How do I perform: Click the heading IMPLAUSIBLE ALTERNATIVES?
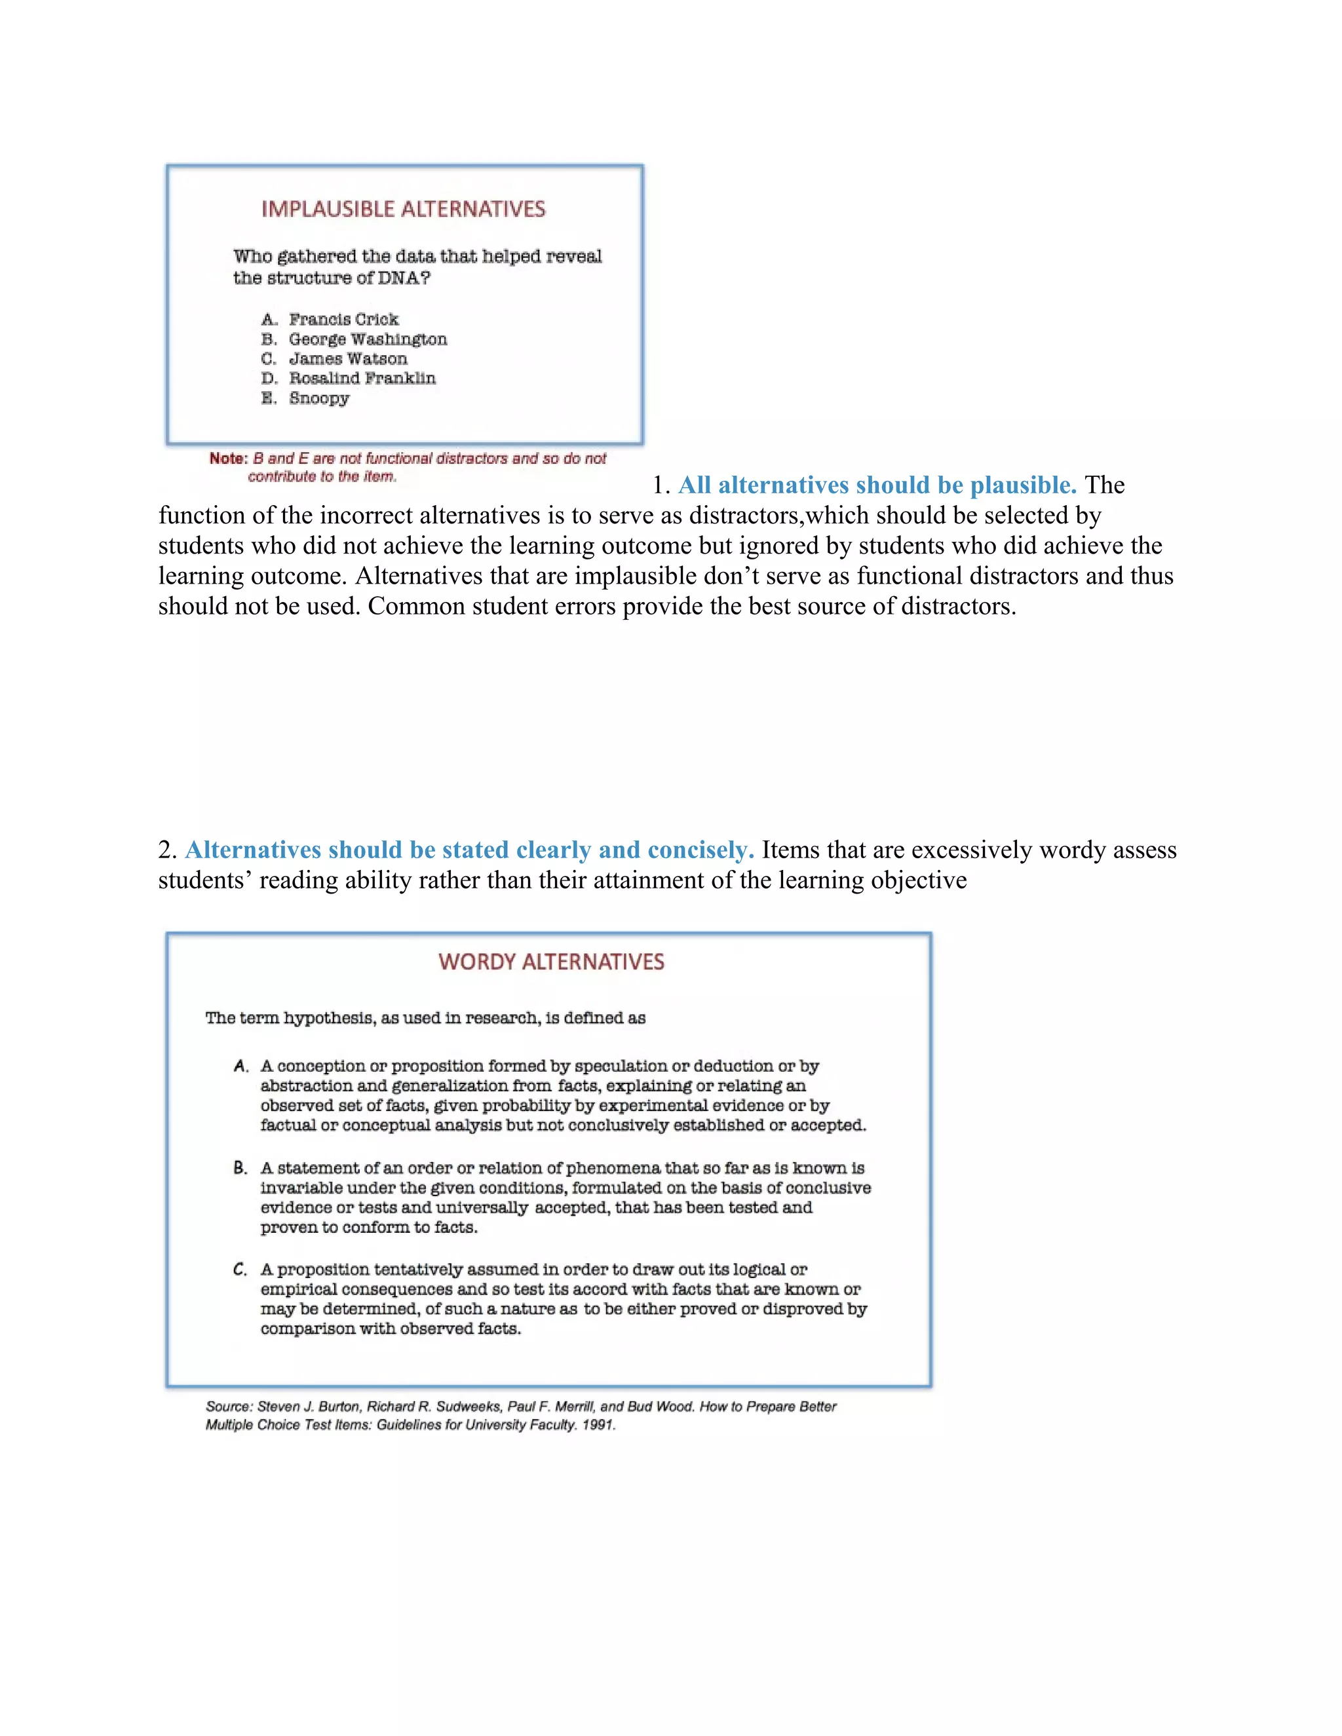coord(403,209)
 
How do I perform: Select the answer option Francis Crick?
coord(343,320)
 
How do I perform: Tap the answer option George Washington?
coord(368,339)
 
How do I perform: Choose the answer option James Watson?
coord(347,359)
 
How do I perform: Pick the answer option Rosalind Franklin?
coord(362,379)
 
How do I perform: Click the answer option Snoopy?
coord(319,398)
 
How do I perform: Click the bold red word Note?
coord(228,459)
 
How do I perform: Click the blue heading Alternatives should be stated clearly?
coord(469,850)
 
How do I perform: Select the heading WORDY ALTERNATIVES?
coord(551,962)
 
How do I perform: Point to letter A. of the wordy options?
coord(241,1066)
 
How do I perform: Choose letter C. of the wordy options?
coord(241,1270)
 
